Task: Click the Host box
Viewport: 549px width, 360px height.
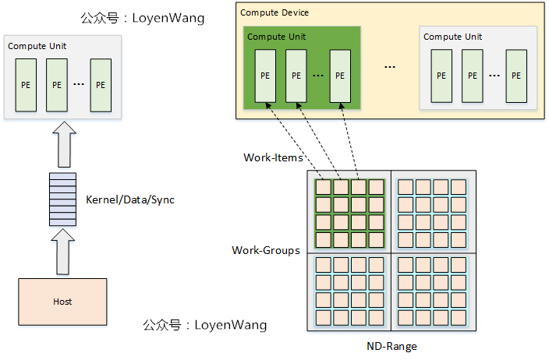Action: point(62,302)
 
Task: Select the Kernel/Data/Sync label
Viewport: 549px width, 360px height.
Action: point(130,200)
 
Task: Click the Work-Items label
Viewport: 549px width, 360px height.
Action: point(273,157)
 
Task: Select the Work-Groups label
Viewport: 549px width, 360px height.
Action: point(266,250)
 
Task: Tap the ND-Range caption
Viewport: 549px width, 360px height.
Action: point(391,345)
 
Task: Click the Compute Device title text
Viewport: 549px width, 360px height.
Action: point(274,12)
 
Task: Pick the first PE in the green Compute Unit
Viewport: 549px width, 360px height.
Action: point(266,76)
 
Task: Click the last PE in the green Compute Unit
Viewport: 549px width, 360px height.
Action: point(339,76)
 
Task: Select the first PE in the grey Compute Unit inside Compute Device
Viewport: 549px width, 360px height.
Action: point(441,76)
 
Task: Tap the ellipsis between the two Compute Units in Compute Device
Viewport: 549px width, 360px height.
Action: point(390,68)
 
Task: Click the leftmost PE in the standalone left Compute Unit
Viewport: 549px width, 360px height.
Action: point(27,85)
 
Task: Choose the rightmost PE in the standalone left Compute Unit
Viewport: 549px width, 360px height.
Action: point(101,85)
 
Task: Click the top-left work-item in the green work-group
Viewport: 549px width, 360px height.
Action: point(322,187)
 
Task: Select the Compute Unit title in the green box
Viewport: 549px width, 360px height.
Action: point(276,37)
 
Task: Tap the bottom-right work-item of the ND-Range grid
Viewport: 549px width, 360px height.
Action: point(459,317)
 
